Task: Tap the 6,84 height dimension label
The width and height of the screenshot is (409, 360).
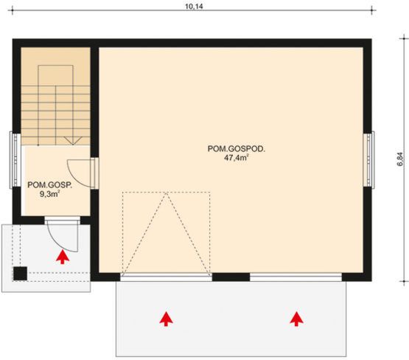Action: click(400, 160)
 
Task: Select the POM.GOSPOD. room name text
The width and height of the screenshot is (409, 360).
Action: click(236, 148)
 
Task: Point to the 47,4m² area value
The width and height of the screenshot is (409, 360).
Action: click(236, 157)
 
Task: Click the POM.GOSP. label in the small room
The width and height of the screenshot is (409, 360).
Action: click(49, 185)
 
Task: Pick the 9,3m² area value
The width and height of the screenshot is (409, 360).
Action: click(50, 195)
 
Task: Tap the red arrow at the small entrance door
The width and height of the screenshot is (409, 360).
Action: click(63, 256)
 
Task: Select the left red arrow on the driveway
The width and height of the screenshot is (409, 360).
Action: click(167, 318)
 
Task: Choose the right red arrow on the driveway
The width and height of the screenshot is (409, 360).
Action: click(297, 318)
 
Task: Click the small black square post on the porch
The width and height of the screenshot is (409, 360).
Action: click(21, 272)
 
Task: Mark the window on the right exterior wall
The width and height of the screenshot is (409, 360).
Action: click(373, 154)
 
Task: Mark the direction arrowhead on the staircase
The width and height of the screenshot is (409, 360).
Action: click(71, 140)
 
